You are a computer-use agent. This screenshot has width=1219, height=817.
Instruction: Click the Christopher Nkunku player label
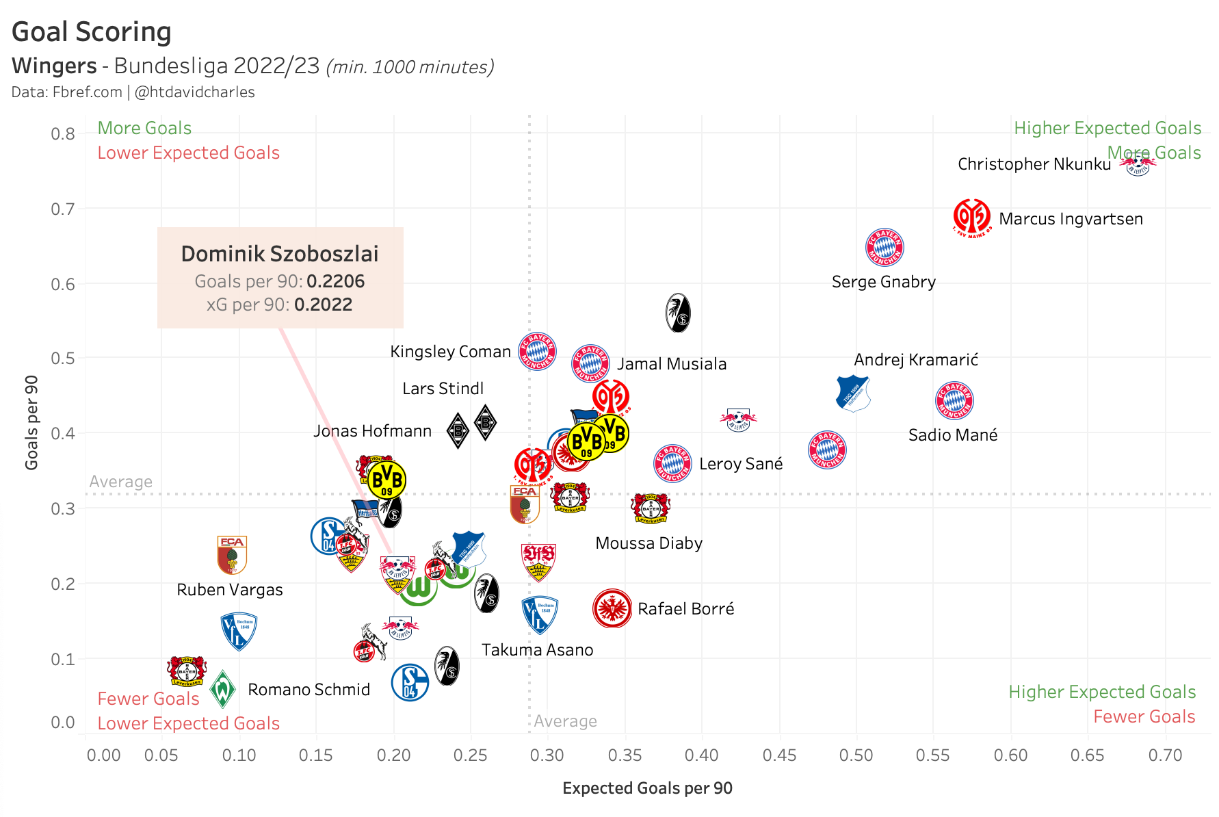pos(1034,164)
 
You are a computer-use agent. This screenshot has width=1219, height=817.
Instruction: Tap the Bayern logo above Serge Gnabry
pos(884,247)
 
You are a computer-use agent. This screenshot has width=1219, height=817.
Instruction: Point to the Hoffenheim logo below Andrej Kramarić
pos(852,393)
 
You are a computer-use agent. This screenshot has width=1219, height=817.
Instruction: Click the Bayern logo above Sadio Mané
pos(954,400)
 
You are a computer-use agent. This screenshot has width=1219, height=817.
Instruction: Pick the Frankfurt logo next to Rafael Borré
pos(612,608)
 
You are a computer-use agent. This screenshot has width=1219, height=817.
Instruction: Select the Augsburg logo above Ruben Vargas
pos(232,554)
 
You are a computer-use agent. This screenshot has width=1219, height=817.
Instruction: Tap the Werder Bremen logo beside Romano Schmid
pos(222,689)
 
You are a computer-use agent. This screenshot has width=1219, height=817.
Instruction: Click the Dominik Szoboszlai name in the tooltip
pos(280,254)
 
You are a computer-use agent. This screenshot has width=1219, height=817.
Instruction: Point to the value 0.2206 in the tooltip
pos(335,281)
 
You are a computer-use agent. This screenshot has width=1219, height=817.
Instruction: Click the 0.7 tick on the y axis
pos(63,209)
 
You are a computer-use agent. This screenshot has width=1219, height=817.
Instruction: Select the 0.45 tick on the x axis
pos(779,755)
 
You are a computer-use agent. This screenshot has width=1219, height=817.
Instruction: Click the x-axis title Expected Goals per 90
pos(647,788)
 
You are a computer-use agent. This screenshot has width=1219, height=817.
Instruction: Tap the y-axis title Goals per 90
pos(31,422)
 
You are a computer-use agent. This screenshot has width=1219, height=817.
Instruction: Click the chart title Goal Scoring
pos(92,31)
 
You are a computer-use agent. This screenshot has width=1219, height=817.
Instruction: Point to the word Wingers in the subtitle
pos(54,66)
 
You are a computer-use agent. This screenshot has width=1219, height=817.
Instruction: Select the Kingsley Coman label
pos(450,352)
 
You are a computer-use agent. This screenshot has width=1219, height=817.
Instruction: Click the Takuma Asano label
pos(537,650)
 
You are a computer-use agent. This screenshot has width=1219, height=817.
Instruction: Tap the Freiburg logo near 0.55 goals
pos(678,313)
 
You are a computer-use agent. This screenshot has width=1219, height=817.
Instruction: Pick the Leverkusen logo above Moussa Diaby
pos(650,508)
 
